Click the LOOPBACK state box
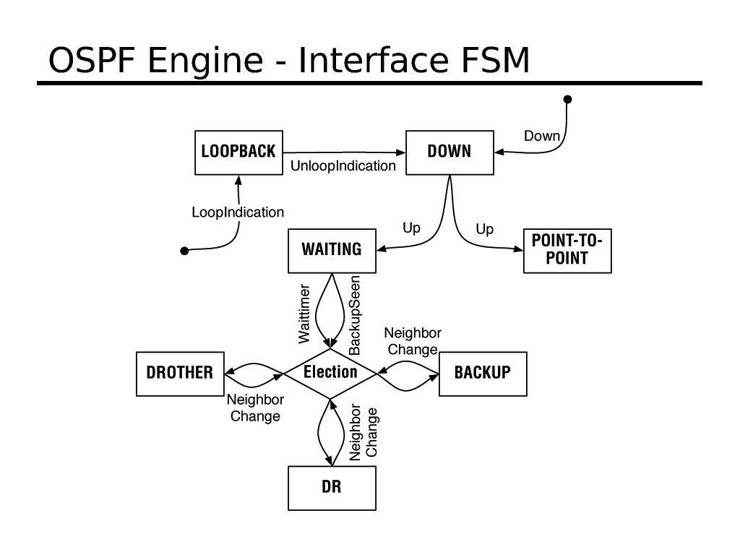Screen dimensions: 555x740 pos(238,152)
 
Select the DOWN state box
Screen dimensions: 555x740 pos(449,152)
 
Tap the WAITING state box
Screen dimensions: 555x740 pos(332,250)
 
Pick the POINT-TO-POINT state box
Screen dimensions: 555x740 pos(567,250)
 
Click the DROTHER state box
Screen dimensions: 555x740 pos(180,373)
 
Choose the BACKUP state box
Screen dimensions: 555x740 pos(482,373)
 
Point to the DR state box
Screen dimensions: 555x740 pos(332,488)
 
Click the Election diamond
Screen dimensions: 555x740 pos(330,372)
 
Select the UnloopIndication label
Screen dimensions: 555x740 pos(343,166)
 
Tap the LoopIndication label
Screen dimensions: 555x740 pos(238,212)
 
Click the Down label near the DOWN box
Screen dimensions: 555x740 pos(541,136)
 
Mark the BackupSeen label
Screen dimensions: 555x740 pos(355,315)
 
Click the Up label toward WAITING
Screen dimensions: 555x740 pos(411,228)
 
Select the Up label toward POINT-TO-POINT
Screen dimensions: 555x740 pos(485,229)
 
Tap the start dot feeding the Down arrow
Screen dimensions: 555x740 pos(568,99)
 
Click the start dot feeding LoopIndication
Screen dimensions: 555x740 pos(184,251)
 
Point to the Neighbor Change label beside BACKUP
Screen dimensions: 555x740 pos(413,341)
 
